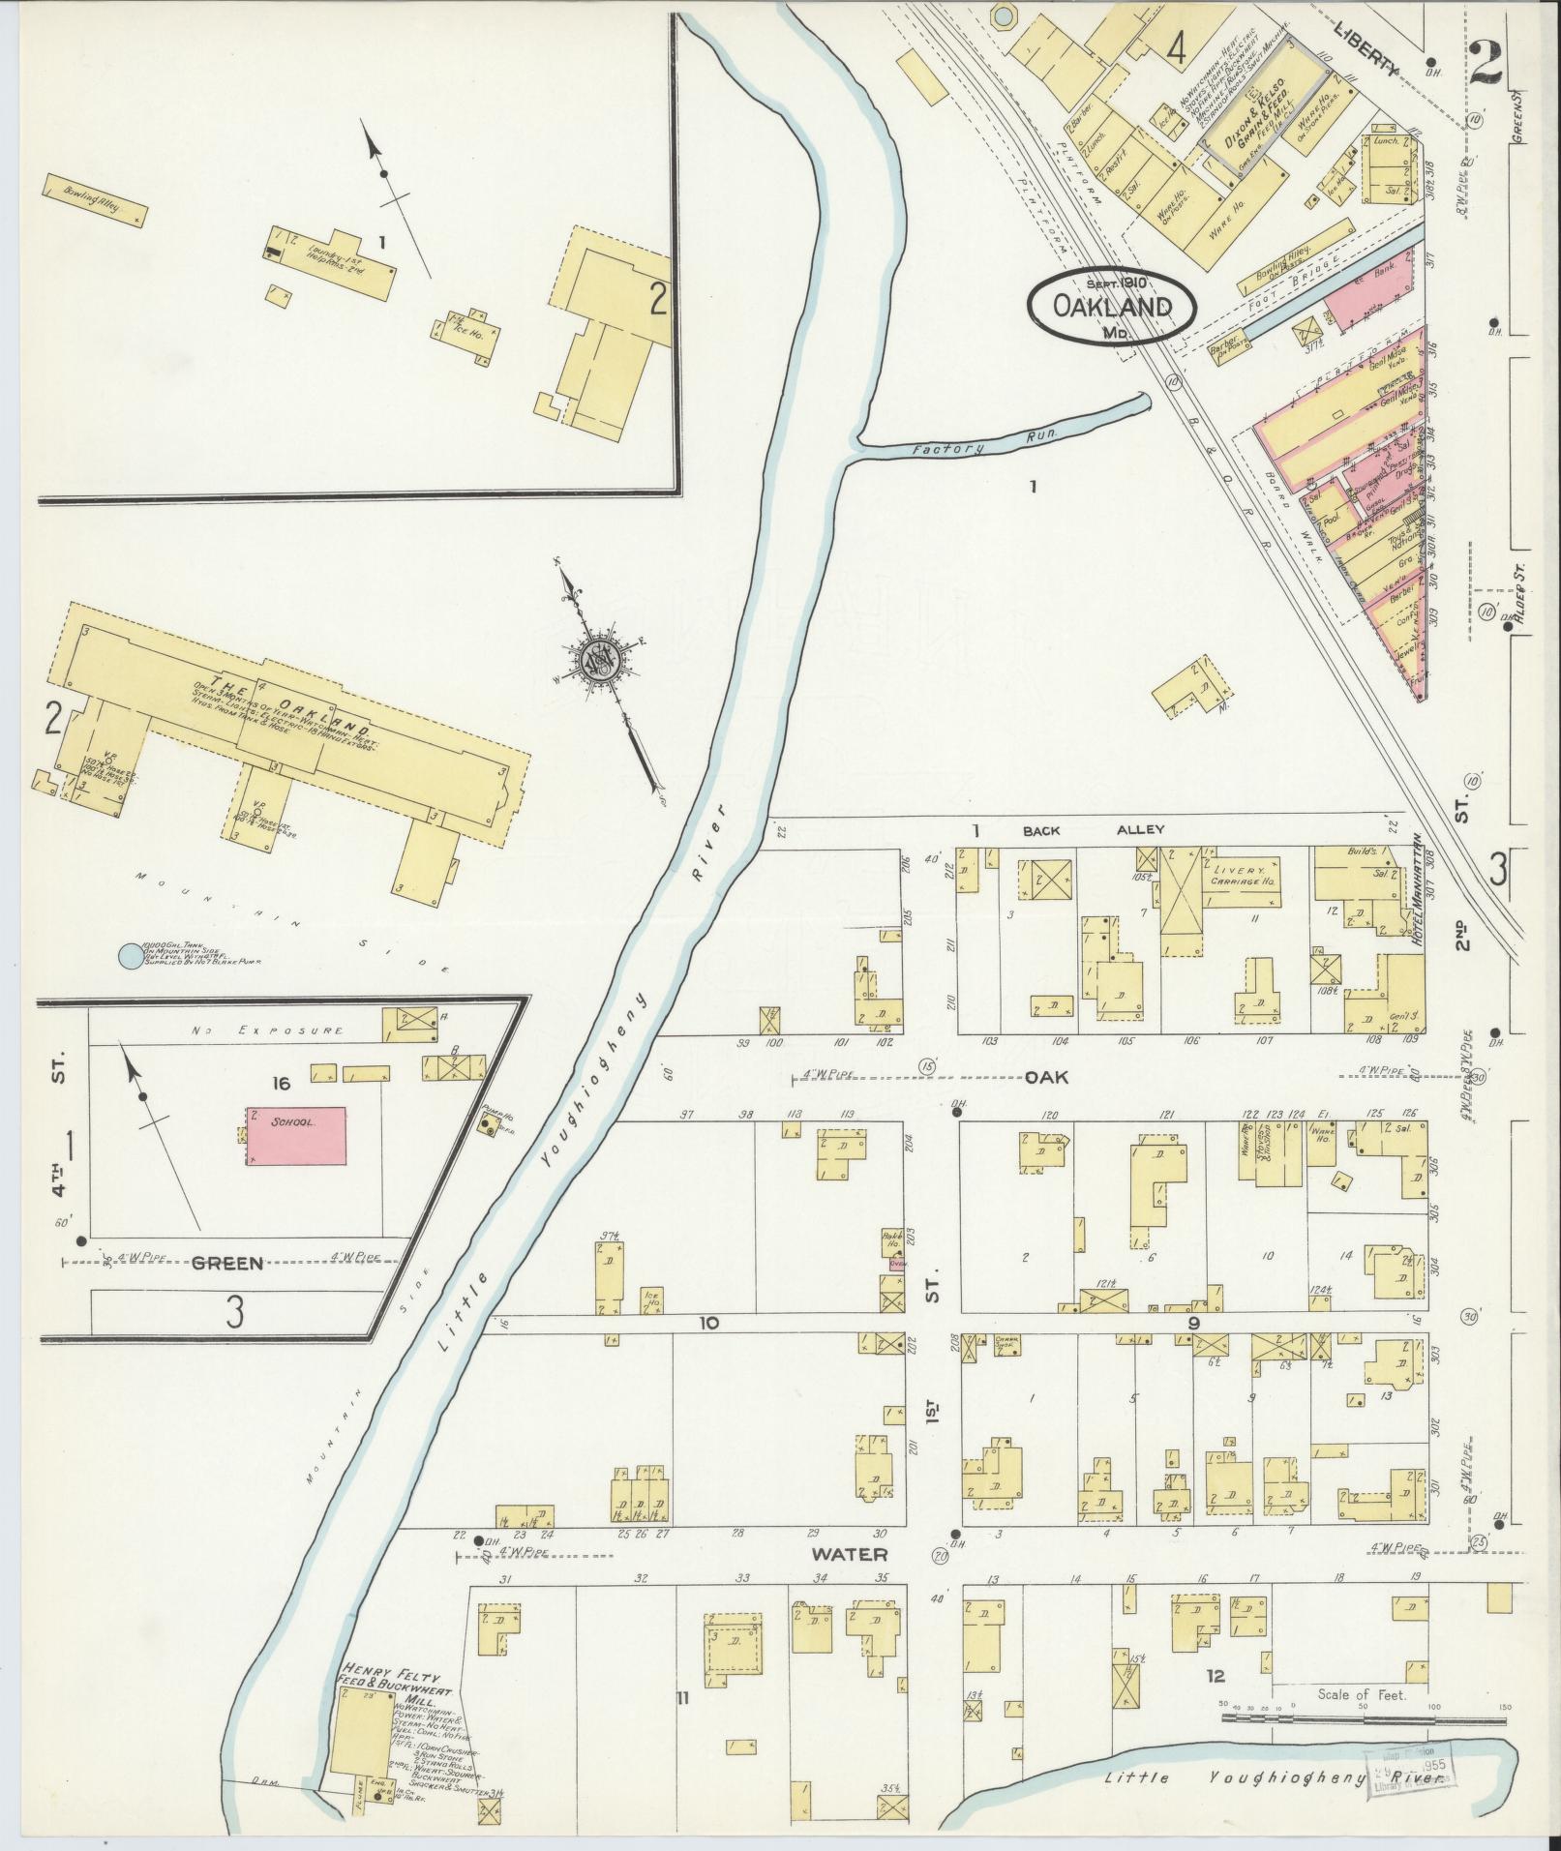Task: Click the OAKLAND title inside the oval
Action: [1112, 307]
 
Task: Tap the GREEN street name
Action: [227, 1263]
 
